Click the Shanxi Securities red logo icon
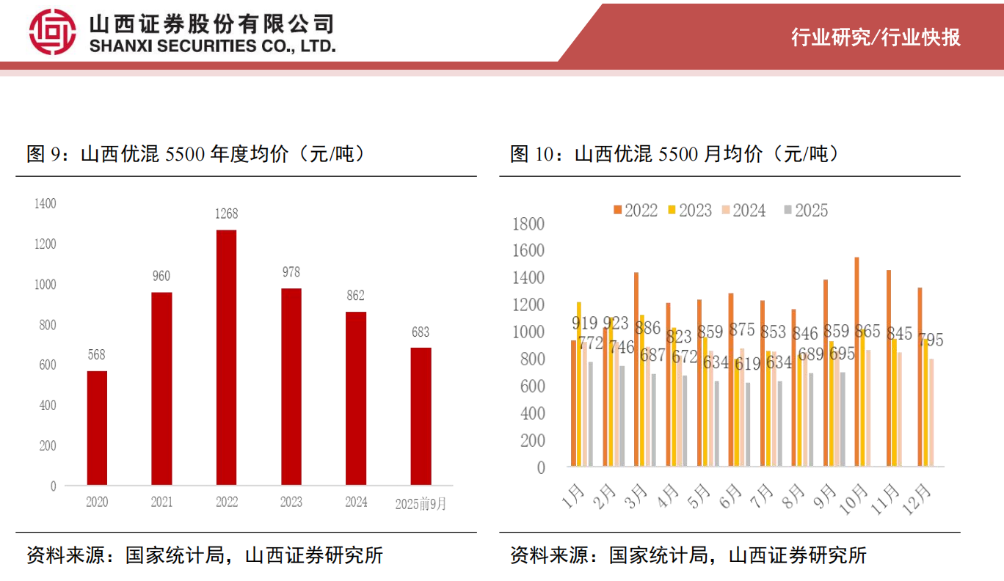52,32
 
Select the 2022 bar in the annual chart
227,357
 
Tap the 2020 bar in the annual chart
97,428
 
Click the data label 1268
227,214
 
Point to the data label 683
421,332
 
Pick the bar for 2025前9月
421,416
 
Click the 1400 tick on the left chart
46,203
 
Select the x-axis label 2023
291,503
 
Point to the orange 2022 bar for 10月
856,362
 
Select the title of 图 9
196,154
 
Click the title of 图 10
674,154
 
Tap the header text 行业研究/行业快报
876,37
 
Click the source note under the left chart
205,555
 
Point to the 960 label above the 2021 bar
161,277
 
